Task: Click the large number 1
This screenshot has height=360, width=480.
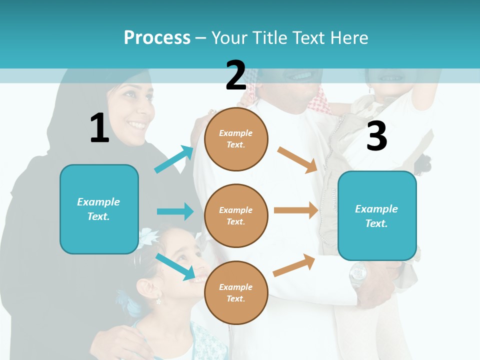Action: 99,128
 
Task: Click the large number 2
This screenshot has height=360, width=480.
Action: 236,75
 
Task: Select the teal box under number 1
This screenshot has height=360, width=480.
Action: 99,209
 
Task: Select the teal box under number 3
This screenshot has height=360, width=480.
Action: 377,216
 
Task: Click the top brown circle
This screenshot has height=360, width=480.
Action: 236,139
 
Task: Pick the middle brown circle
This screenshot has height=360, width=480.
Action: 236,216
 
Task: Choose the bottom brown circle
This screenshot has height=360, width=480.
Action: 236,292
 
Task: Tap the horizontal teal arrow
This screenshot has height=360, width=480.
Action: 175,211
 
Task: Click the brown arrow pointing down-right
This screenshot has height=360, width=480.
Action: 297,159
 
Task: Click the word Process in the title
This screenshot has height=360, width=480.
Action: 157,38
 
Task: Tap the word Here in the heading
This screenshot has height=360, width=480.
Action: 349,38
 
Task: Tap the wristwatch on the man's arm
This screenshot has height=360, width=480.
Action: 358,273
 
